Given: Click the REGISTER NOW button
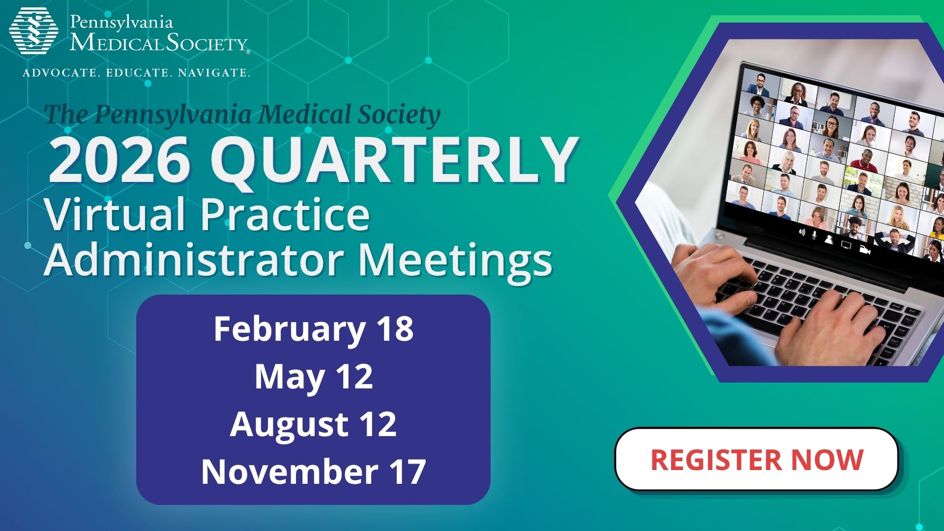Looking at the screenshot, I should click(756, 459).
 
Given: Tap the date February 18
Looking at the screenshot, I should click(313, 329).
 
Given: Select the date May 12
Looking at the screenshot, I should click(313, 377).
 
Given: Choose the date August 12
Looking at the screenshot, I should click(313, 424).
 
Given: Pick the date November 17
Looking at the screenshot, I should click(313, 472).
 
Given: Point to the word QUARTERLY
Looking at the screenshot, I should click(393, 160).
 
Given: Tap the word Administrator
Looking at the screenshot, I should click(194, 259).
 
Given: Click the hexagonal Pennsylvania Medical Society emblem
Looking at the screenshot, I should click(33, 30).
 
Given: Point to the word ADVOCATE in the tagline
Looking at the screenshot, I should click(60, 73).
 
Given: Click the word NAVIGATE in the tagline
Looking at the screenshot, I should click(213, 73).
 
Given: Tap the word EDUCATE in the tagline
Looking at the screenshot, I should click(138, 73).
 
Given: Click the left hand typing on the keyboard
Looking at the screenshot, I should click(713, 275).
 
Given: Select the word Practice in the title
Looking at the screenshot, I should click(285, 214).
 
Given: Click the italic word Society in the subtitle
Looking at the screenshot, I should click(398, 114).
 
